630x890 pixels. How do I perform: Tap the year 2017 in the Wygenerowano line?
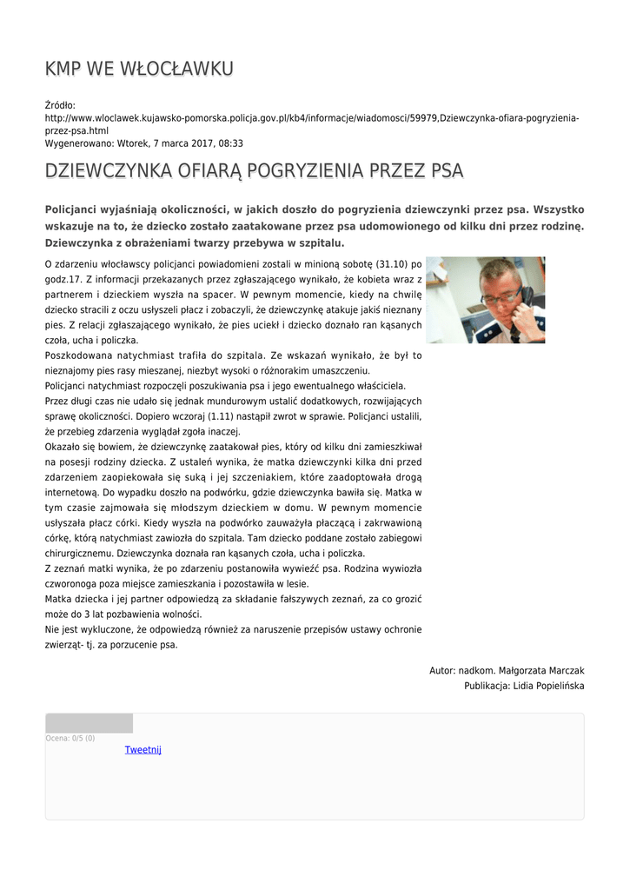coord(194,143)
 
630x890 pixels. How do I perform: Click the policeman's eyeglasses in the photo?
coord(501,297)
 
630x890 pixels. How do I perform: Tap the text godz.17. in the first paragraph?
coord(63,279)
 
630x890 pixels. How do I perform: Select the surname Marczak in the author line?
coord(563,671)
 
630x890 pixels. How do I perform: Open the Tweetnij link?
coord(143,749)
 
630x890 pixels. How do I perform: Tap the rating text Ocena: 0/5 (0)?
coord(70,738)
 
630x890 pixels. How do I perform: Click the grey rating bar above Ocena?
coord(89,723)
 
